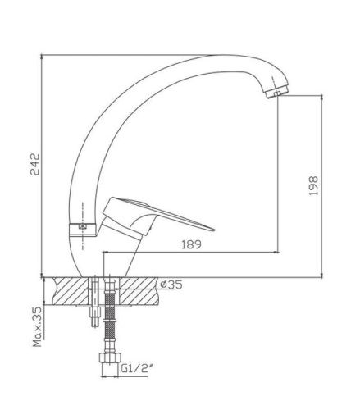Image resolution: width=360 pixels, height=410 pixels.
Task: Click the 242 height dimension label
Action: click(x=35, y=164)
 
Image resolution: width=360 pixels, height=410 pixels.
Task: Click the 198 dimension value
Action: click(x=313, y=185)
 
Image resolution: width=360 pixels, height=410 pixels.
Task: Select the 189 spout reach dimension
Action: click(x=191, y=244)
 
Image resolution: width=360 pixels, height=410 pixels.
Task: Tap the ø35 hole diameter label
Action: click(x=171, y=285)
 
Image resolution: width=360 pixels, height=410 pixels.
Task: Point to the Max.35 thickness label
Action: click(x=38, y=326)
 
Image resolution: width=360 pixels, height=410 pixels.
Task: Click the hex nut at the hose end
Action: click(x=110, y=358)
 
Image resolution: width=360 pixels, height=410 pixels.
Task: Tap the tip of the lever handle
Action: click(x=214, y=230)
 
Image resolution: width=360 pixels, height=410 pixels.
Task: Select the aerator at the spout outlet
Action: click(x=277, y=92)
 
